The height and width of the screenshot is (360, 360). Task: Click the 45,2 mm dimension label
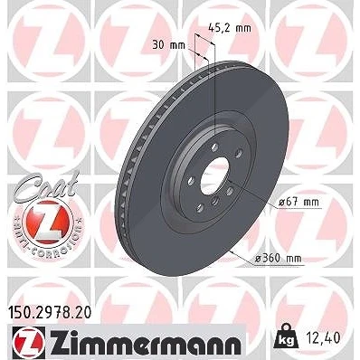[x=230, y=28]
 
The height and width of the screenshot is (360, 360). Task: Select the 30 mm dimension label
[x=169, y=45]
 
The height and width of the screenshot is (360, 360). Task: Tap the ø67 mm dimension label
[x=298, y=202]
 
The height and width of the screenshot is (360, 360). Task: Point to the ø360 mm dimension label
[x=278, y=258]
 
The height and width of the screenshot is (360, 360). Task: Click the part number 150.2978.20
[x=49, y=313]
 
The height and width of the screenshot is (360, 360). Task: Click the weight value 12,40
[x=322, y=337]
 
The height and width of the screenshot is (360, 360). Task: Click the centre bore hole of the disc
[x=214, y=176]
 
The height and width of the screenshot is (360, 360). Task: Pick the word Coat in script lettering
[x=46, y=186]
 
